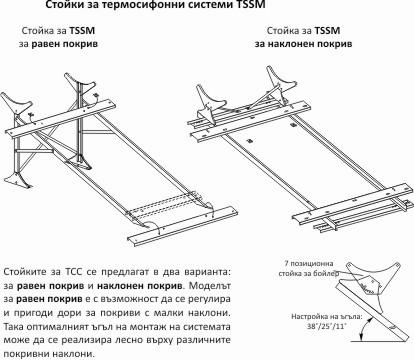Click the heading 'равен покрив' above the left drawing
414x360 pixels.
point(65,44)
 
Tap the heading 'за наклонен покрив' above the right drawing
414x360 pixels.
point(303,44)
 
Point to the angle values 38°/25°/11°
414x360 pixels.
point(327,326)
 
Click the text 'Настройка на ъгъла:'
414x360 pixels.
point(327,317)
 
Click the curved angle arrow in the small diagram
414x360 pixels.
point(364,328)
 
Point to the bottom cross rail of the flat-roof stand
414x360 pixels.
point(183,227)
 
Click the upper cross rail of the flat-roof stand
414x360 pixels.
point(60,118)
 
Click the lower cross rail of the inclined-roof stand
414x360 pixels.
point(351,201)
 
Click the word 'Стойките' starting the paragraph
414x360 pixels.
point(25,272)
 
